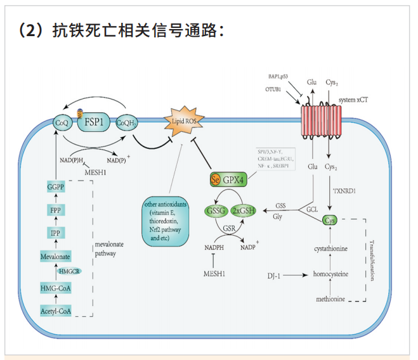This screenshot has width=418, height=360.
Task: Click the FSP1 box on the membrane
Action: [x=93, y=121]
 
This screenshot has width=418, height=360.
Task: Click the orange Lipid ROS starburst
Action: [x=180, y=119]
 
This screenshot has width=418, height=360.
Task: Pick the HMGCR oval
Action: [x=70, y=271]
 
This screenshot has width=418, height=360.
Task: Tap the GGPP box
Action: [x=57, y=187]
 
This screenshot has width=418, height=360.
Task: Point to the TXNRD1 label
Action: [x=343, y=190]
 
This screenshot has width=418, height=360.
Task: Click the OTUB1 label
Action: [x=277, y=90]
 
